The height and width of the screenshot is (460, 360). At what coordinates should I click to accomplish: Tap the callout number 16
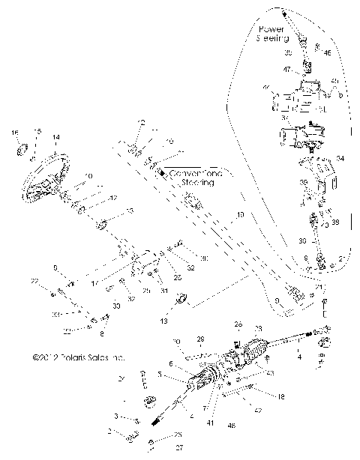pos(13,132)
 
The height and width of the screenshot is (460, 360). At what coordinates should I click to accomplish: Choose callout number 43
pos(269,373)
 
